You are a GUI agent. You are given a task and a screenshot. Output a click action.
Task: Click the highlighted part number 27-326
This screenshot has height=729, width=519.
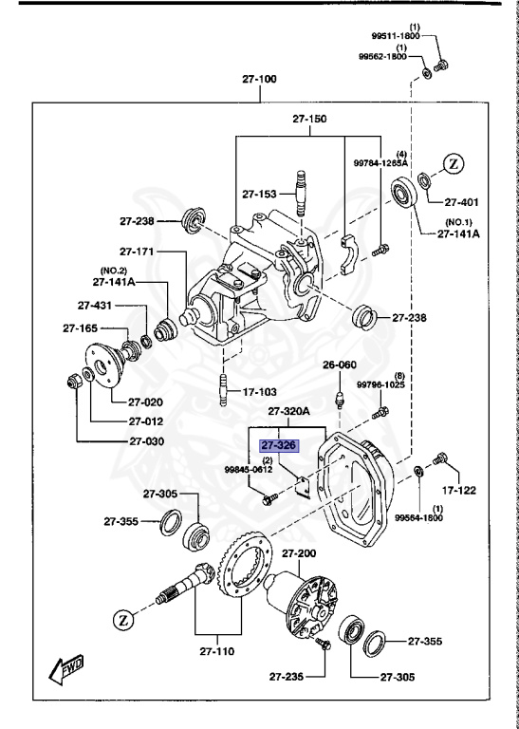(280, 443)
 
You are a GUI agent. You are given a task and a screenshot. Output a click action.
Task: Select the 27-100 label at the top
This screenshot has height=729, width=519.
(259, 79)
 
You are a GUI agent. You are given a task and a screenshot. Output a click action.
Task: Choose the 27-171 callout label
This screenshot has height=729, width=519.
(137, 252)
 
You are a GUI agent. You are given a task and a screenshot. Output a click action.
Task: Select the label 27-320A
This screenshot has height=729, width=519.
(288, 412)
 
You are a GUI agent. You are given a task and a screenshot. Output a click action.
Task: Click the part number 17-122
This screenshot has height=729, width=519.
(459, 491)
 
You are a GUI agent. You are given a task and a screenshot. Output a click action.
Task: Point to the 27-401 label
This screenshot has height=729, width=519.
(464, 202)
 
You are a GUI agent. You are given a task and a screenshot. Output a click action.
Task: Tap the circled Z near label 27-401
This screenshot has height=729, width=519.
(454, 163)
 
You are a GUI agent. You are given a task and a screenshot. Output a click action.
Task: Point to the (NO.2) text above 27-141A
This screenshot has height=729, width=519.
(114, 271)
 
